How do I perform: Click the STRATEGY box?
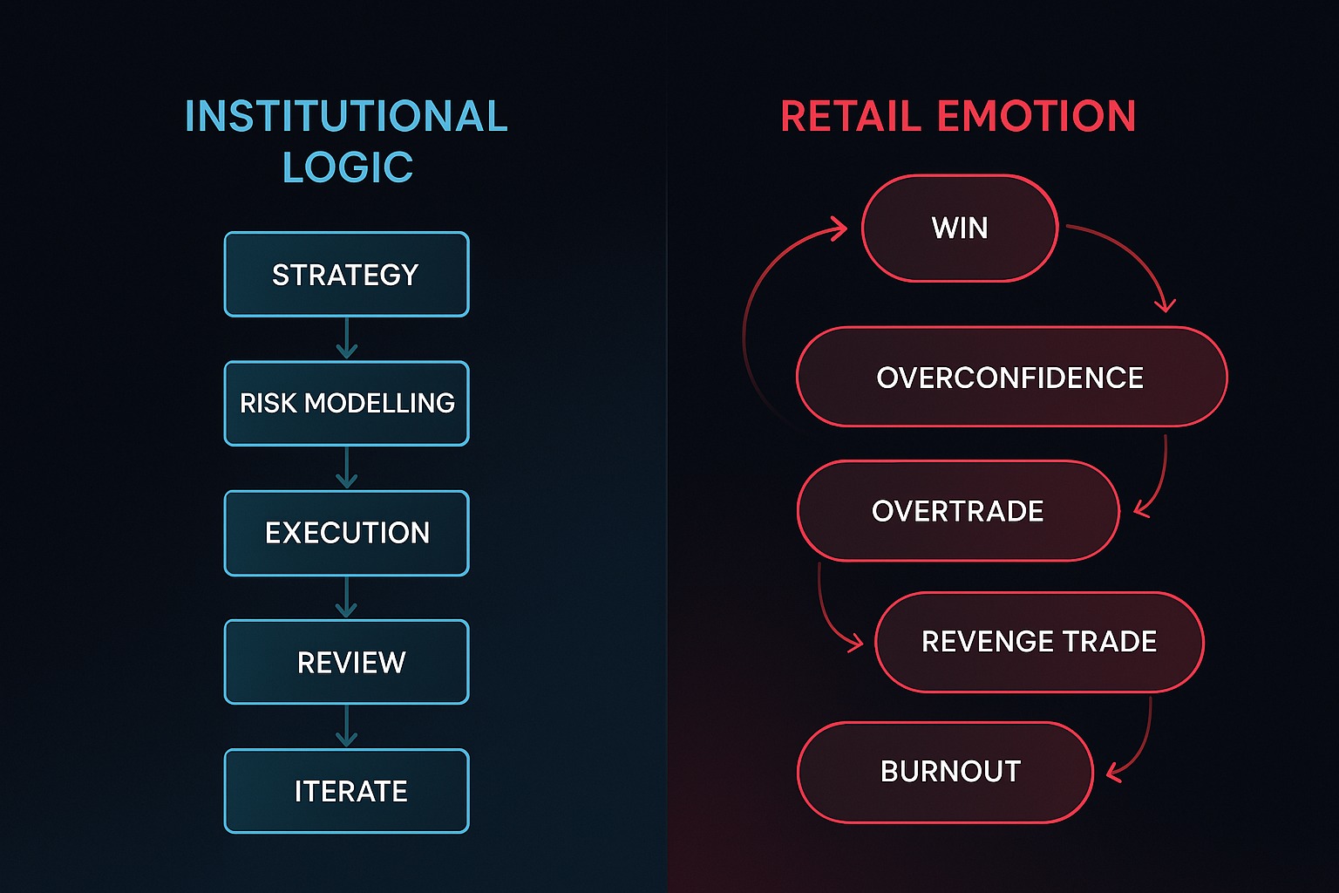tap(347, 274)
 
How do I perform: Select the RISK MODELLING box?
tap(347, 403)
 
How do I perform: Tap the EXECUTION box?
tap(347, 533)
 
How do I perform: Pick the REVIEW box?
tap(347, 662)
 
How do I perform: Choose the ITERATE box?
tap(347, 791)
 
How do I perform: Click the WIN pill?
tap(960, 228)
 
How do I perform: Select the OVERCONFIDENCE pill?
tap(1012, 377)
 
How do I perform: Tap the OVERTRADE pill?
tap(958, 511)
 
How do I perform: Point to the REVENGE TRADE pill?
tap(1039, 642)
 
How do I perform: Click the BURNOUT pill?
tap(946, 772)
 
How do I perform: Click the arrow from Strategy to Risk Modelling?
tap(347, 338)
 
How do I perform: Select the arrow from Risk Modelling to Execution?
tap(347, 467)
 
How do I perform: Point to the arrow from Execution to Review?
tap(347, 596)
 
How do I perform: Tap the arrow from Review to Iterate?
tap(347, 726)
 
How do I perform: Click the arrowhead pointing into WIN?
tap(838, 228)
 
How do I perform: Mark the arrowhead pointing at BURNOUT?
tap(1114, 772)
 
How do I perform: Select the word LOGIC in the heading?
tap(347, 167)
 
